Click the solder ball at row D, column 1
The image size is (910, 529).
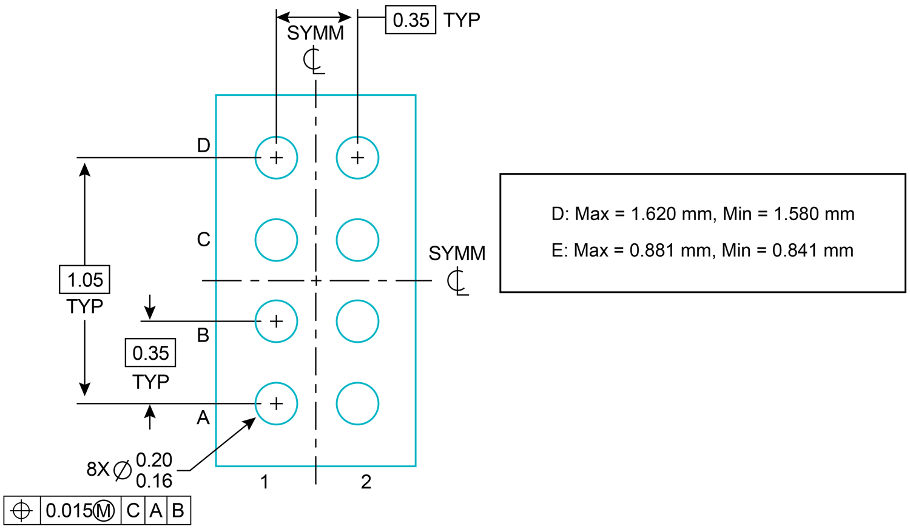(276, 158)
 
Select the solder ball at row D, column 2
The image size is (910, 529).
(357, 158)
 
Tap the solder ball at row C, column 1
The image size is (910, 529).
(276, 240)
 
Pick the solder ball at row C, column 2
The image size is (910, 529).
(357, 240)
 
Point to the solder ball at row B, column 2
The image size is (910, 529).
(357, 322)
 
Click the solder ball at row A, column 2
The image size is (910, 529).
(357, 403)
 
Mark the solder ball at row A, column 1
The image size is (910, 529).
(276, 403)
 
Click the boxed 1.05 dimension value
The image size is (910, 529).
(85, 280)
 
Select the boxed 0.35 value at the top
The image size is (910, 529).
(411, 20)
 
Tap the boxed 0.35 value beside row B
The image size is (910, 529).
(150, 353)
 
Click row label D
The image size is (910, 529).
(203, 146)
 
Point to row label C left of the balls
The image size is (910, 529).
(203, 240)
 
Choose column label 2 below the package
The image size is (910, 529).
(366, 482)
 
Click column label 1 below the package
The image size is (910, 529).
(265, 482)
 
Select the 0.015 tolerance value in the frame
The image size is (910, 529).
(69, 511)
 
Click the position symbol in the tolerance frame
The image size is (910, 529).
(22, 511)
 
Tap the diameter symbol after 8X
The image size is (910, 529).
(123, 470)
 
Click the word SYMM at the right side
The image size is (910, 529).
(457, 254)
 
